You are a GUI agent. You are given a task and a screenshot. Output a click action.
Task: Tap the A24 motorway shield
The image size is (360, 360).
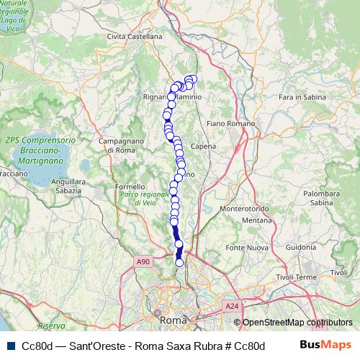[231, 306]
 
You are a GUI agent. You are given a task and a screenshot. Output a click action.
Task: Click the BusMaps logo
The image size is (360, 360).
[326, 345]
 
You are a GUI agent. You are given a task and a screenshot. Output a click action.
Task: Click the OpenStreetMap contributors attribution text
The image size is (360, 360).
[297, 323]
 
